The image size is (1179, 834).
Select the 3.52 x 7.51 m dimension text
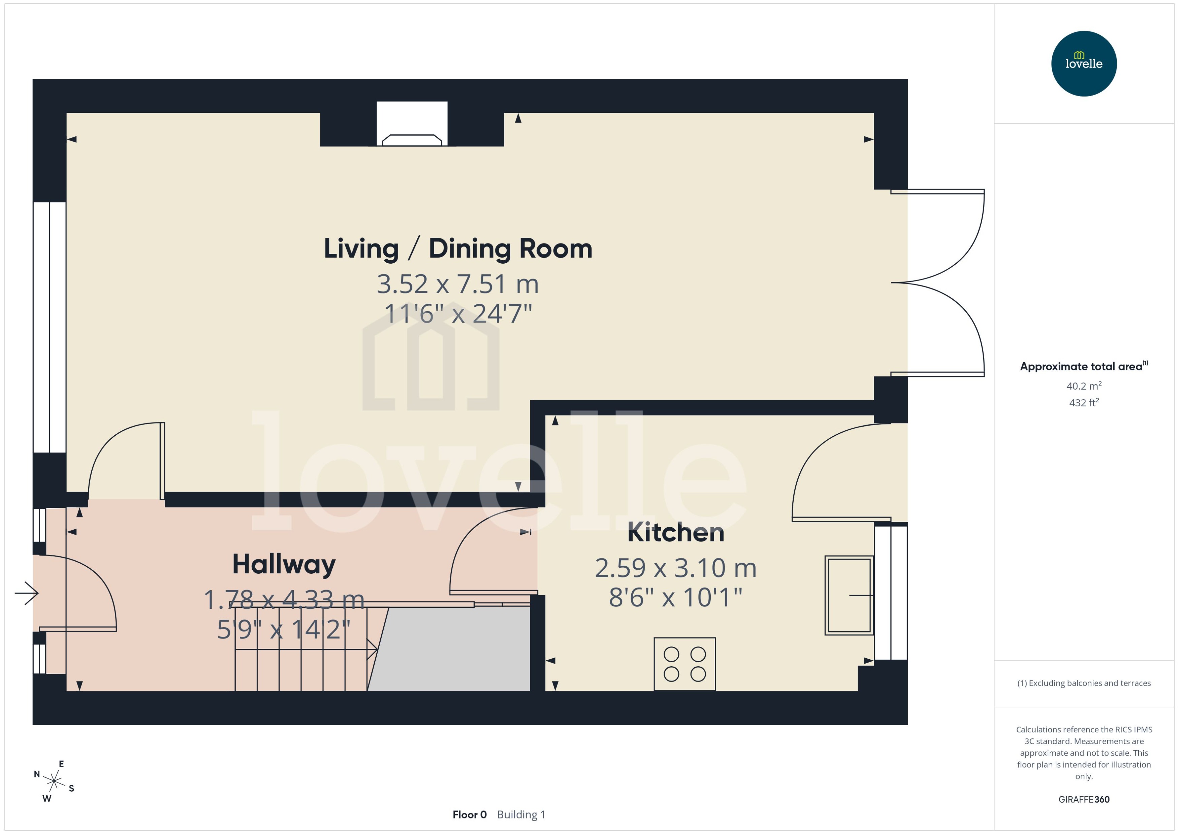coord(458,284)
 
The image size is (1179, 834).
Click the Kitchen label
coord(675,533)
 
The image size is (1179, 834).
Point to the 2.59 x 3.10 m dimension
coord(675,568)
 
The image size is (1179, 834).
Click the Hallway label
coord(284,564)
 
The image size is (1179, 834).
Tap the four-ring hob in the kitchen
coord(684,664)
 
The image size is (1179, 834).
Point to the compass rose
coord(54,781)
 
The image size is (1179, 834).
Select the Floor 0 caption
coord(469,814)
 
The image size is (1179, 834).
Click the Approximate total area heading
coord(1081,367)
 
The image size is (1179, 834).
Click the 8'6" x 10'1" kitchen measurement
coord(675,597)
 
